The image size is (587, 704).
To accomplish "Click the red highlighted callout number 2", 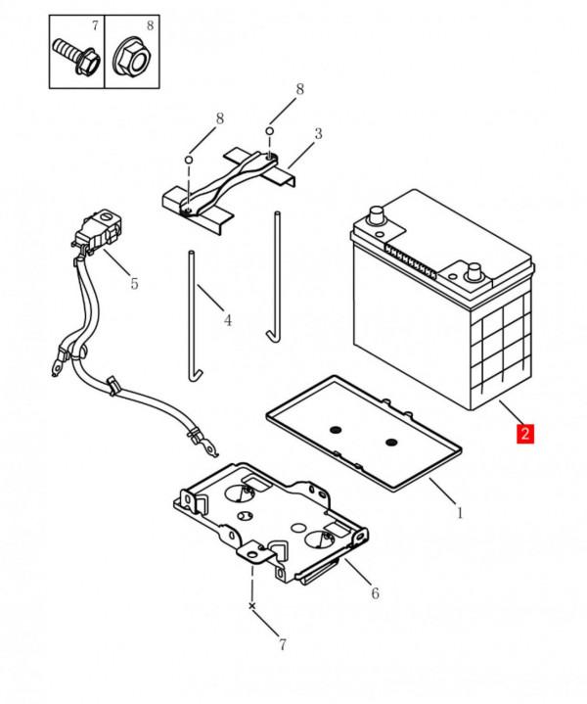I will pyautogui.click(x=525, y=433).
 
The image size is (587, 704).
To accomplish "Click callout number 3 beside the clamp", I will pyautogui.click(x=317, y=133).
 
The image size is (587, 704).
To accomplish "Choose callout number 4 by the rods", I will pyautogui.click(x=227, y=320).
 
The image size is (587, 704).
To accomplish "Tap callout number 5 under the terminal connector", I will pyautogui.click(x=135, y=283).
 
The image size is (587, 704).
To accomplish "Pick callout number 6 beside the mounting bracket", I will pyautogui.click(x=375, y=592).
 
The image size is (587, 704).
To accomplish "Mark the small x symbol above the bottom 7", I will pyautogui.click(x=252, y=607).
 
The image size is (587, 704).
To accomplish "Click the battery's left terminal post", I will pyautogui.click(x=376, y=214).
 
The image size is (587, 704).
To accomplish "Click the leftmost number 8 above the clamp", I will pyautogui.click(x=219, y=118).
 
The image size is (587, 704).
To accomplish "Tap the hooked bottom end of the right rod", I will pyautogui.click(x=271, y=337).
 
